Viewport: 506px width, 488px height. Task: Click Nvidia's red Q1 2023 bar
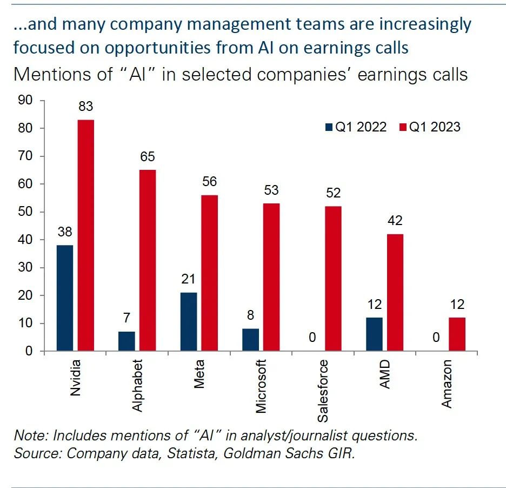click(86, 235)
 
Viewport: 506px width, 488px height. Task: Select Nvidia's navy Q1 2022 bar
click(64, 298)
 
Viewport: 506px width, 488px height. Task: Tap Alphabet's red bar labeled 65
click(147, 260)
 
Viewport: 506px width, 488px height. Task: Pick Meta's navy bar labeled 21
click(188, 322)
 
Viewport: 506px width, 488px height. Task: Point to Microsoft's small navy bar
click(250, 340)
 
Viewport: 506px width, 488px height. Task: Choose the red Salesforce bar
click(334, 279)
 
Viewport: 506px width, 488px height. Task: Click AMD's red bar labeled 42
click(395, 293)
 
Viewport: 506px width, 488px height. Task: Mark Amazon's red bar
click(457, 334)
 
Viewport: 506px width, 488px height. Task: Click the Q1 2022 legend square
click(328, 127)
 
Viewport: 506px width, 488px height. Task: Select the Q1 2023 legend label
click(435, 127)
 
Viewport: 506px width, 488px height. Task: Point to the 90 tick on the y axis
click(25, 101)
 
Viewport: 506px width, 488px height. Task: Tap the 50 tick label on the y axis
click(25, 212)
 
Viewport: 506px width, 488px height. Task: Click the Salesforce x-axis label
click(323, 390)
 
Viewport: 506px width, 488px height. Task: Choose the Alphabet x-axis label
click(138, 385)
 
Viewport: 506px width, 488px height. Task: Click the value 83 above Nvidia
click(86, 107)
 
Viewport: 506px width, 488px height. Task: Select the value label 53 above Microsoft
click(271, 190)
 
